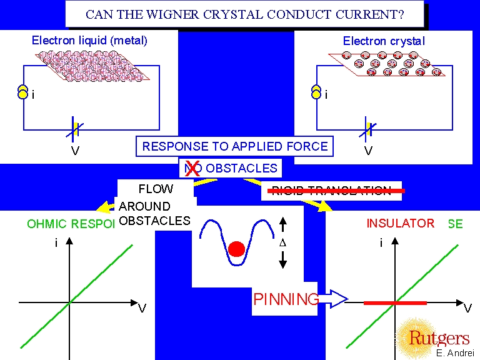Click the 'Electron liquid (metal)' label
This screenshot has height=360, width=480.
90,41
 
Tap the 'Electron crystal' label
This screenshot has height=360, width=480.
384,41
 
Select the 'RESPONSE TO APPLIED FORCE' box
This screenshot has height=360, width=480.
235,147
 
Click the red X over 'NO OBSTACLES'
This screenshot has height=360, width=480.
192,167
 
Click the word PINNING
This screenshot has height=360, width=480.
286,299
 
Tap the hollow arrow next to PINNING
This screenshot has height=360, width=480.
333,299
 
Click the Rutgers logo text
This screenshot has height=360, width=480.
439,338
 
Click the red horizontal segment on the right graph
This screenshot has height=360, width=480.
395,303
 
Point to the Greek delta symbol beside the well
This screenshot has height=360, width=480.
283,243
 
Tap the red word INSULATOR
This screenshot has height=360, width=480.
400,223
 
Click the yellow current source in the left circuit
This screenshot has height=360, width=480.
22,92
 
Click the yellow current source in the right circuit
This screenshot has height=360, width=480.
316,92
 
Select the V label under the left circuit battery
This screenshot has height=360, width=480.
75,151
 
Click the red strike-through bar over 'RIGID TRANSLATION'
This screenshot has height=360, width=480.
336,190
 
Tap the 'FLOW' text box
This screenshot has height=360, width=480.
156,189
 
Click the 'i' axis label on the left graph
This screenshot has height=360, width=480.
56,243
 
